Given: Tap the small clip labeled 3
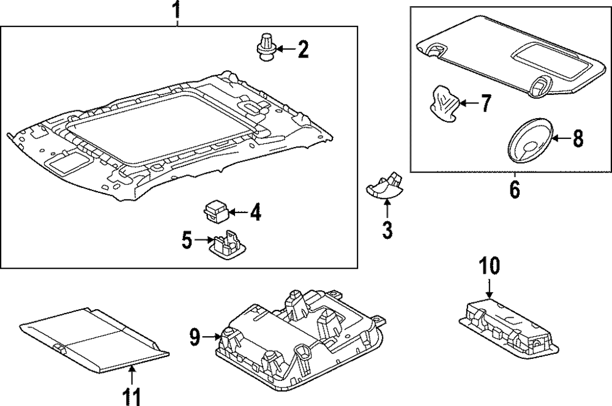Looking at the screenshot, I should click(x=382, y=185).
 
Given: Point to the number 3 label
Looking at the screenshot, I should click(x=387, y=230).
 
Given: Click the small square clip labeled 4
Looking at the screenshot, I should click(x=216, y=212).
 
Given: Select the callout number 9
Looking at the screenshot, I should click(x=195, y=336).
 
